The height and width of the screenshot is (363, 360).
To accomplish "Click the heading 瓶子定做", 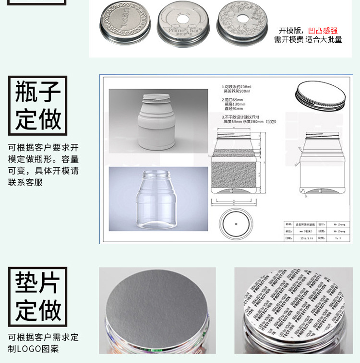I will (38, 105).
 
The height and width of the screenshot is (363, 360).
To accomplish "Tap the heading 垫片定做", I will (38, 296).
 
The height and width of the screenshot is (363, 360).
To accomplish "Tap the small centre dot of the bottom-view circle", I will (236, 223).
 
